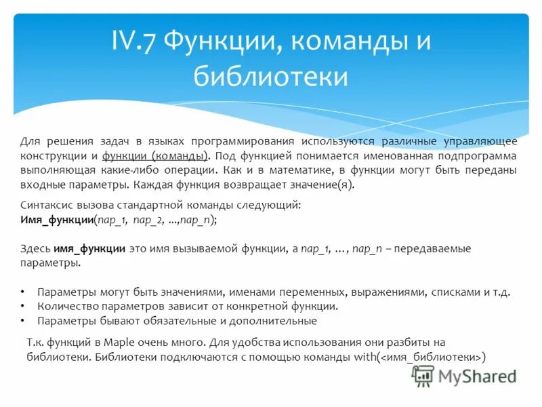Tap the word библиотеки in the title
coord(271,76)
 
